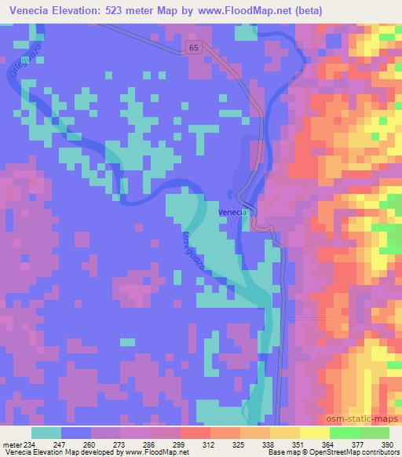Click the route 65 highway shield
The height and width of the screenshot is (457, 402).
tap(193, 48)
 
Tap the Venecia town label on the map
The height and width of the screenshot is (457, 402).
tap(232, 212)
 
